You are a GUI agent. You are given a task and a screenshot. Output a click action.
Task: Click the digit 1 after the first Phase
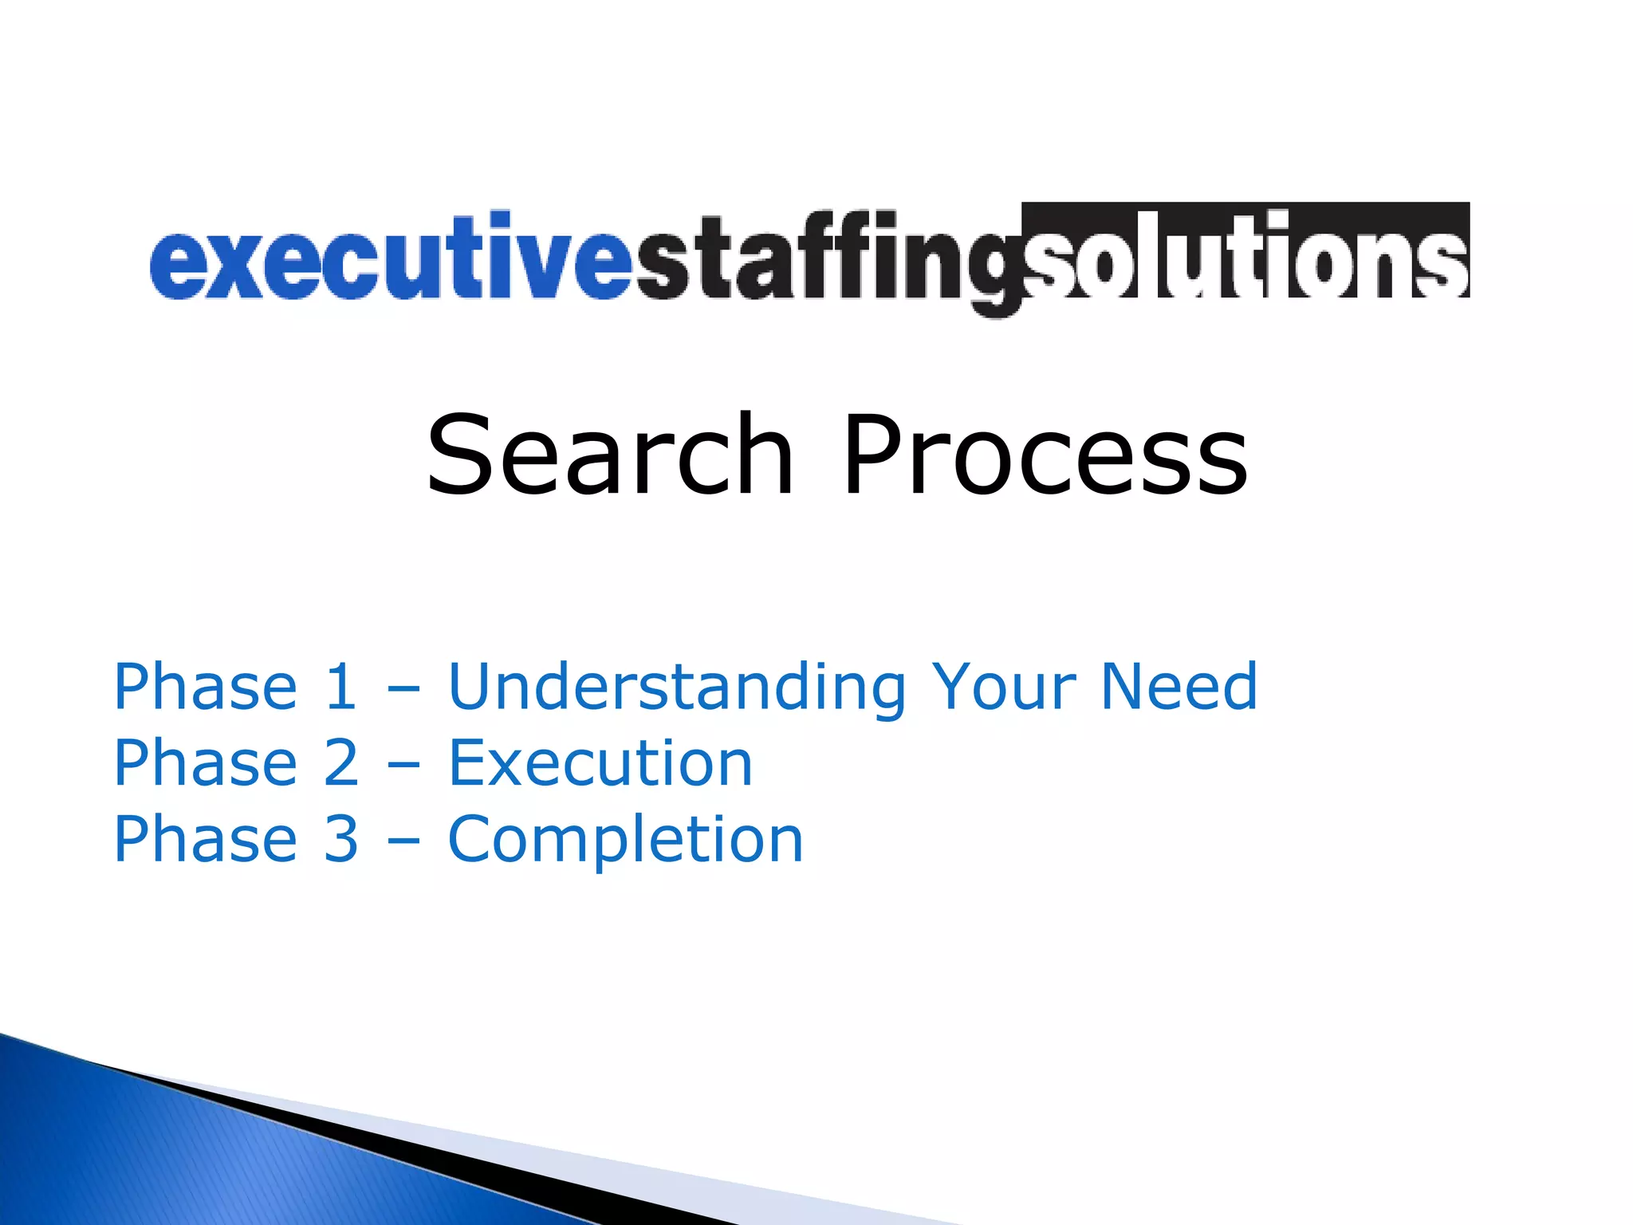coord(341,687)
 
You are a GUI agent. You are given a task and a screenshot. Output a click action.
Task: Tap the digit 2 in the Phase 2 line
coord(341,763)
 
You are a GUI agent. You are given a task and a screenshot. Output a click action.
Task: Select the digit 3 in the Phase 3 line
coord(341,840)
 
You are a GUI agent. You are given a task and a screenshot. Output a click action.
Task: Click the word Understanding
coord(677,687)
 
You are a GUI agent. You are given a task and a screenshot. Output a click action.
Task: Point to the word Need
coord(1179,687)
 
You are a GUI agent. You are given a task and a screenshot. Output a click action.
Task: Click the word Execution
coord(600,763)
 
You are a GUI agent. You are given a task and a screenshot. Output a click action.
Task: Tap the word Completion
coord(626,840)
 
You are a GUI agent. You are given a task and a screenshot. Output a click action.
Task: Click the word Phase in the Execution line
coord(206,763)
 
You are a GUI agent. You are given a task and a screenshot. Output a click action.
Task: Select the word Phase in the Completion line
coord(206,840)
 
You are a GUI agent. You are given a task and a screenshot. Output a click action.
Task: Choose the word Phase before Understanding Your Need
coord(206,687)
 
